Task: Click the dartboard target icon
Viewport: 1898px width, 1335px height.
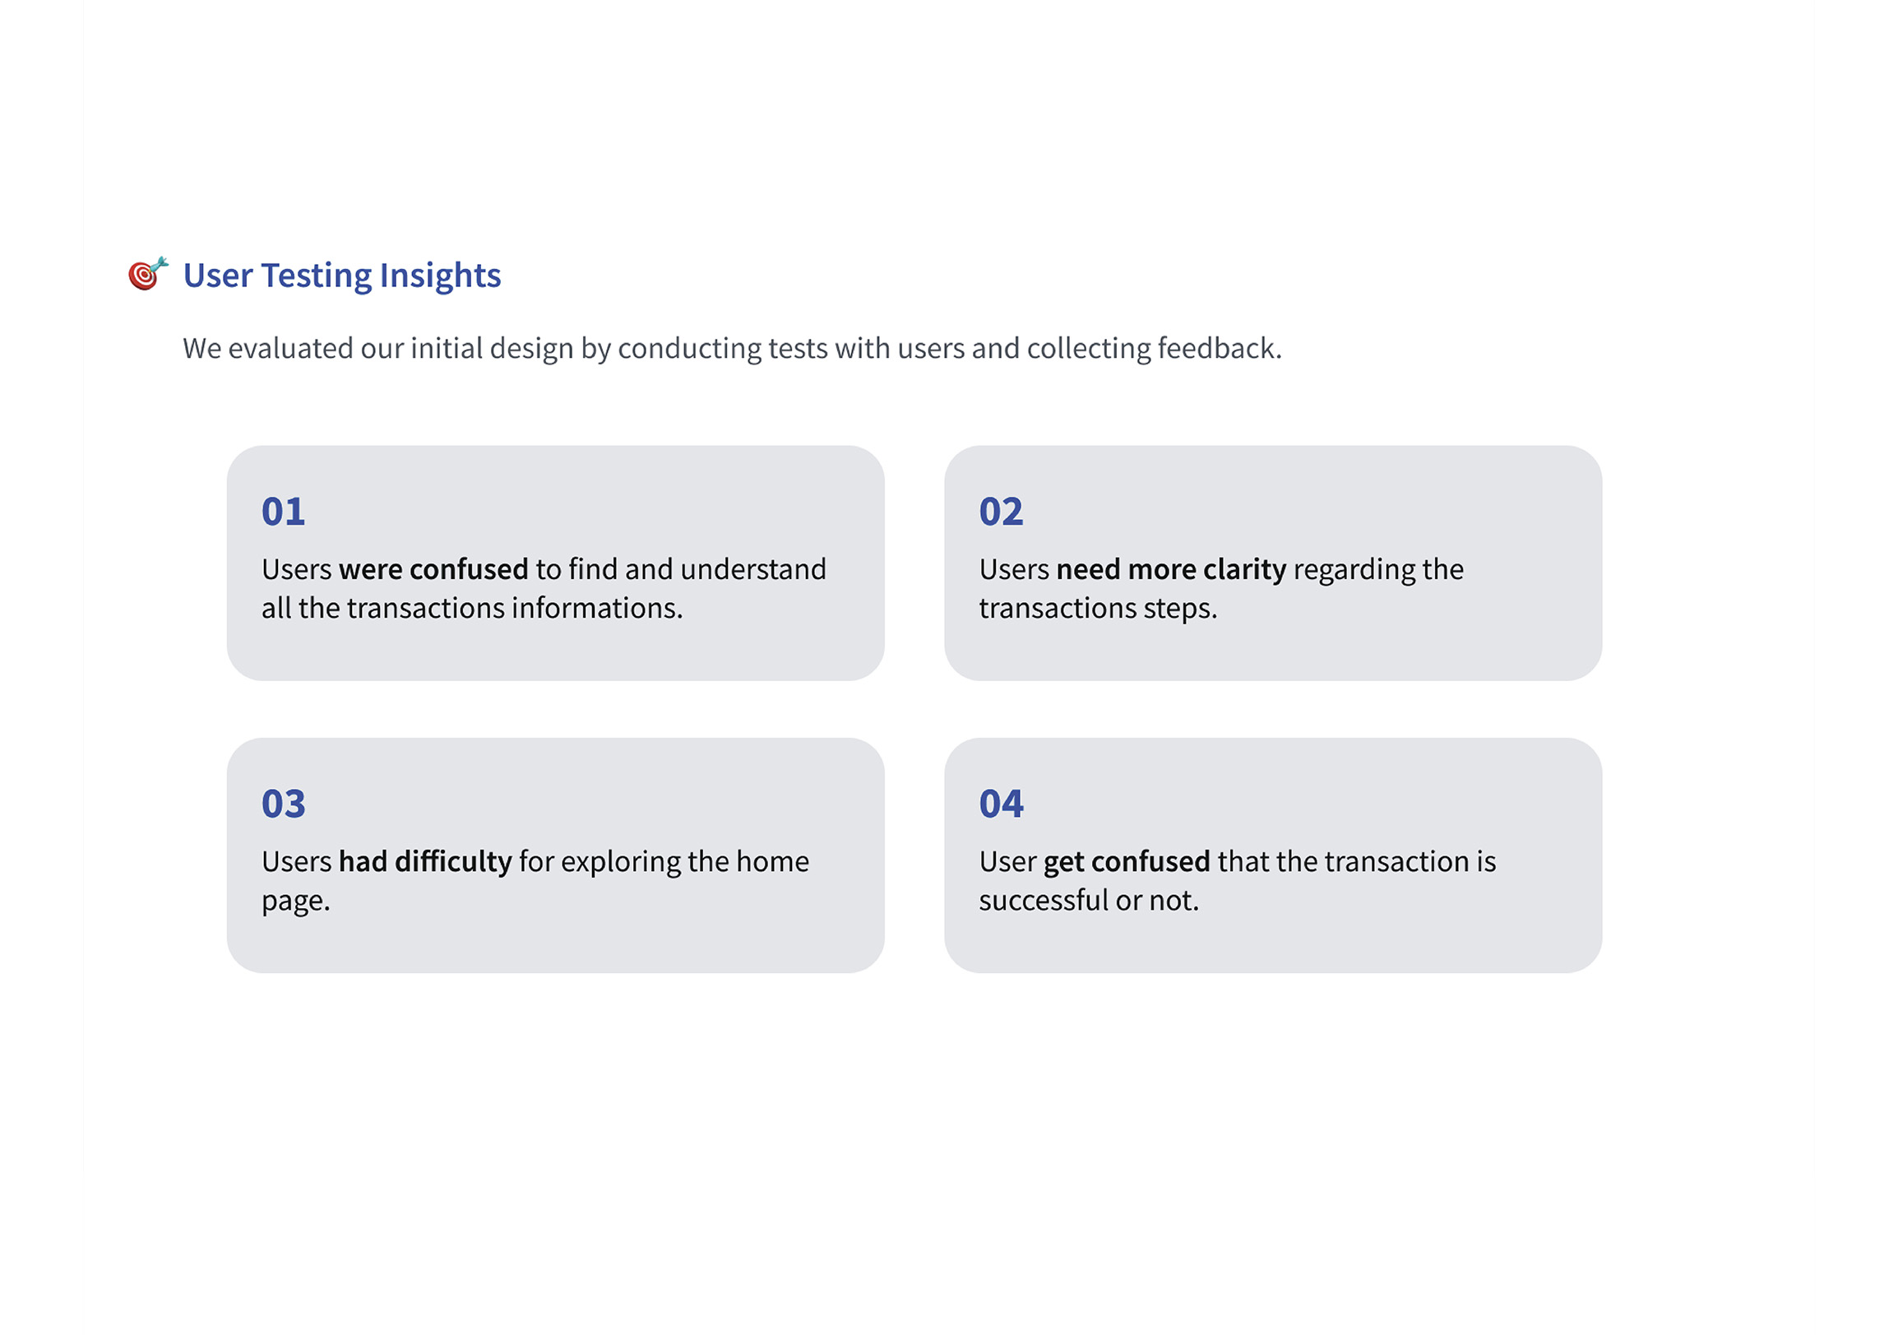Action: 148,273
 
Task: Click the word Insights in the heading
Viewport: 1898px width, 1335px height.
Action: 440,276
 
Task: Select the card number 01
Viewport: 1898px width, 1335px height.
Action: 284,512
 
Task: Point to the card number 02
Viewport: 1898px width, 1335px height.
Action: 1001,512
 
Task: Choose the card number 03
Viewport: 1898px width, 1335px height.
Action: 284,804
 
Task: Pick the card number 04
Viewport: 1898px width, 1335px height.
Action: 1001,804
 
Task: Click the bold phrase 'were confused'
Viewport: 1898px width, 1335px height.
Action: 433,569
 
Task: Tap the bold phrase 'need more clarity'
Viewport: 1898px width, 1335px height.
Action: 1171,570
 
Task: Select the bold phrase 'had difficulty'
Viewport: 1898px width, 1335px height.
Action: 425,862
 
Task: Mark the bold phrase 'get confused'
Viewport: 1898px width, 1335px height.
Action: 1127,863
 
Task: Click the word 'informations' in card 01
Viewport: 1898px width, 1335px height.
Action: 595,609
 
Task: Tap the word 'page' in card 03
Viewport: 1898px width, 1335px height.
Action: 294,902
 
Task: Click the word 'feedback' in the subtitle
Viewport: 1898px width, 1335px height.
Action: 1218,348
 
